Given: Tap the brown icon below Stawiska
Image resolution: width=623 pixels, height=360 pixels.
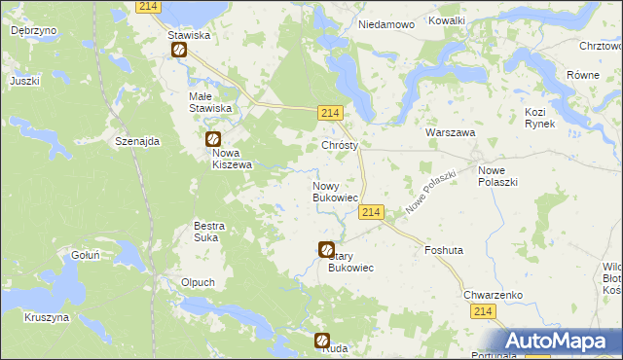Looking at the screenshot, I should (179, 51).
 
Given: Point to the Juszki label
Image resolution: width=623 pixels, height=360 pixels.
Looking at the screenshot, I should (24, 81).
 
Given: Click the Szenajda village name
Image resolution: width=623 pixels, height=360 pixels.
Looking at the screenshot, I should (136, 141).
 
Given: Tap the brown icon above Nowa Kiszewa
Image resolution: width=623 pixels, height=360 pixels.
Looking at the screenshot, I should (213, 140).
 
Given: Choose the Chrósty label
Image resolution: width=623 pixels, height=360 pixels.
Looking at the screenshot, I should (340, 145).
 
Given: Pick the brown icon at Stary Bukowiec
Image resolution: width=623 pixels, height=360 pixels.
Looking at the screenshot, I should (326, 250).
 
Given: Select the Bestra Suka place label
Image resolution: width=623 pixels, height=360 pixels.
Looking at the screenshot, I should (209, 231).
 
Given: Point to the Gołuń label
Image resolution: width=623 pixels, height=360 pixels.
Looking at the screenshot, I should (86, 255).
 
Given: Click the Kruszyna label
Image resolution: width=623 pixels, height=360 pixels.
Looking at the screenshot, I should (47, 317).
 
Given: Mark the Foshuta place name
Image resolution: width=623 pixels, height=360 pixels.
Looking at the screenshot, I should (444, 250).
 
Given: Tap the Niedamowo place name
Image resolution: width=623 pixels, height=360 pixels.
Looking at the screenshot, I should (386, 23).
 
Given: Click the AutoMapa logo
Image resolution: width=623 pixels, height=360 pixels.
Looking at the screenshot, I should (559, 342).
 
